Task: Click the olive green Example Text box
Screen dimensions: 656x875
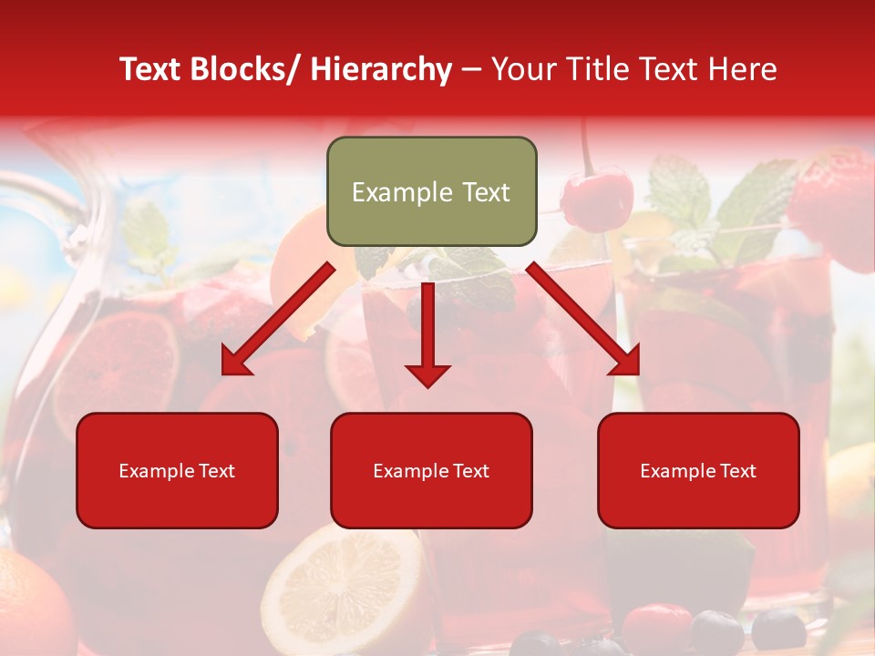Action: [x=431, y=191]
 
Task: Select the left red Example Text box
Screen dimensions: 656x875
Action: [x=177, y=470]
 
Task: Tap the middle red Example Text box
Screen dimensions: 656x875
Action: [x=431, y=470]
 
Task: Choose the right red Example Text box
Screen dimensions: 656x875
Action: [x=698, y=470]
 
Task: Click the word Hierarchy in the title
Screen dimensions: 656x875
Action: [x=380, y=69]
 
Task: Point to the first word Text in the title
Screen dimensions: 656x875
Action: [x=151, y=69]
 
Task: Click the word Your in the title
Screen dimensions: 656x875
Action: [x=523, y=69]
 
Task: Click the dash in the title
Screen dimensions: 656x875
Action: [x=471, y=69]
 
